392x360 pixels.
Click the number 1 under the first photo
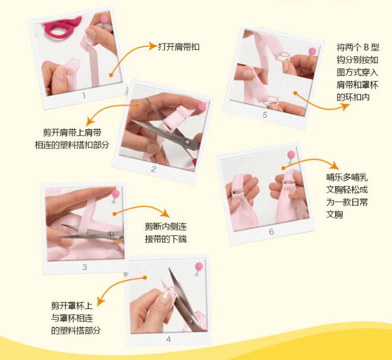[x=84, y=95]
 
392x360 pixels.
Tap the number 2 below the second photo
[x=154, y=169]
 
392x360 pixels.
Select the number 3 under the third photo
[x=85, y=267]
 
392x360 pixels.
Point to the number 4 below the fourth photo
[x=168, y=339]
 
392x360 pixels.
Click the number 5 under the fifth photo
[x=265, y=115]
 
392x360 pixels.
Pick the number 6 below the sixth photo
[x=272, y=232]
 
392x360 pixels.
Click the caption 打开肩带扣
[x=179, y=47]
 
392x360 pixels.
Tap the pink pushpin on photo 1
[x=104, y=19]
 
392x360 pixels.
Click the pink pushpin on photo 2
[x=202, y=107]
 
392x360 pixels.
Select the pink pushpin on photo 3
[x=116, y=193]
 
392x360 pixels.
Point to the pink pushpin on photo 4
[x=199, y=266]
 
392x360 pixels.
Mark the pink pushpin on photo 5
[x=312, y=52]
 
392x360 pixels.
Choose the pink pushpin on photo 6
[x=291, y=155]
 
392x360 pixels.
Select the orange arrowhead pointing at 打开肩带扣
[x=152, y=46]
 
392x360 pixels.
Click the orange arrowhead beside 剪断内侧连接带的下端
[x=165, y=213]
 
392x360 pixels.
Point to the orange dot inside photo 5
[x=295, y=93]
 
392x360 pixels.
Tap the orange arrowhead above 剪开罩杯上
[x=100, y=301]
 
